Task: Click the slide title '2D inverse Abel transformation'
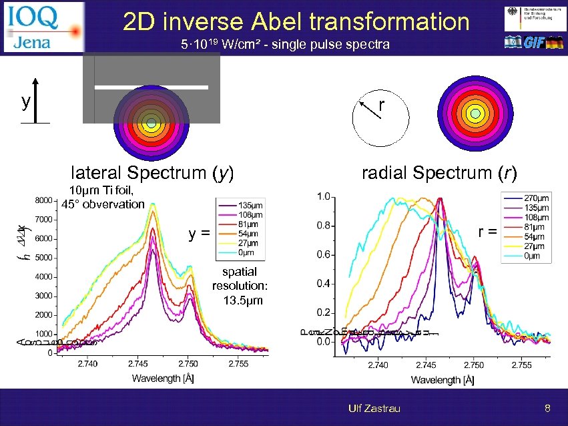coord(296,21)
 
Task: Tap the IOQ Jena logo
coord(44,27)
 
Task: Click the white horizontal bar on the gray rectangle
coord(152,87)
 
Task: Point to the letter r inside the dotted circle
coord(380,105)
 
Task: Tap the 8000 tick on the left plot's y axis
coord(43,200)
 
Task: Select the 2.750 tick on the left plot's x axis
coord(188,364)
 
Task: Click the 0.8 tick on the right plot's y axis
coord(323,226)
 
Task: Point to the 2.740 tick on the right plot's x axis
coord(378,365)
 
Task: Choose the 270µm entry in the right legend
coord(536,198)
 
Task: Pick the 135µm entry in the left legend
coord(249,205)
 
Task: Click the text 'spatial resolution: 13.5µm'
coord(239,286)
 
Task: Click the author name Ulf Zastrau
coord(374,408)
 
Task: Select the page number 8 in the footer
coord(547,408)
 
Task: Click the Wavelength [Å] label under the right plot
coord(443,380)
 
